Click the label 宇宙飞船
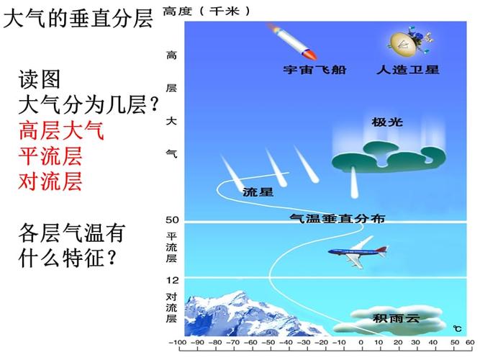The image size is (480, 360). (x=310, y=70)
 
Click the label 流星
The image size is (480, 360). (x=258, y=192)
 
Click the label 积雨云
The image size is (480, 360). (x=395, y=318)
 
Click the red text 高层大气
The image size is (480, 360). (x=61, y=131)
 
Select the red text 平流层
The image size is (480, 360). (x=50, y=156)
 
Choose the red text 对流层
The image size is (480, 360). (x=50, y=180)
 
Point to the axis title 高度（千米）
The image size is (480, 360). (x=207, y=11)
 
